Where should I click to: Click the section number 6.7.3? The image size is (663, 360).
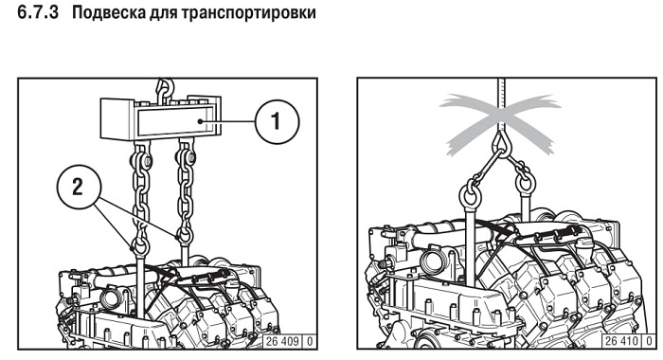coord(38,12)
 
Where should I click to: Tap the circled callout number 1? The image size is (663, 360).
coord(277,121)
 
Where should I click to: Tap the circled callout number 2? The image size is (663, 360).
coord(79,187)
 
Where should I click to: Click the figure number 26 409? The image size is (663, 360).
coord(283,341)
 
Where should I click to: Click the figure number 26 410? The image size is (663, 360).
coord(622,341)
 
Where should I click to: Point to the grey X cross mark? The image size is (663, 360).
coord(500,124)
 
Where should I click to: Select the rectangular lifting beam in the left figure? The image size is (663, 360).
coord(161,118)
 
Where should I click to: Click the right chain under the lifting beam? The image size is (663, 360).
coord(186,187)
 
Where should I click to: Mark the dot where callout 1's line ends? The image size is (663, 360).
coord(202,121)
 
